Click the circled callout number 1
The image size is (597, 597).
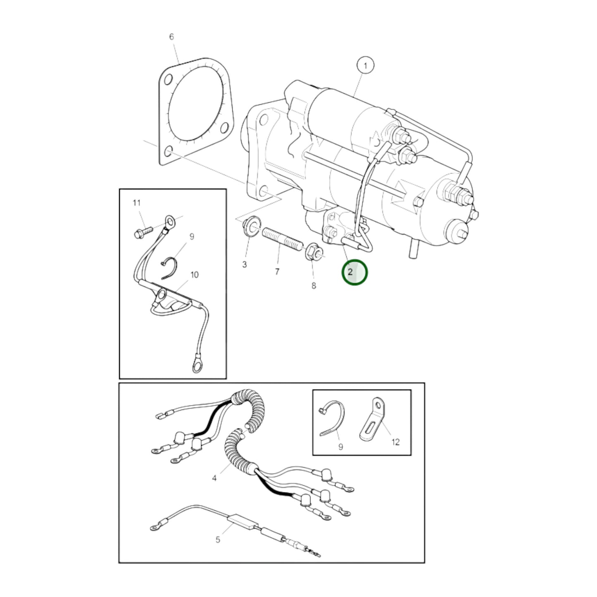[x=365, y=66]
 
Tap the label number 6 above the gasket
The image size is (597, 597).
[x=171, y=37]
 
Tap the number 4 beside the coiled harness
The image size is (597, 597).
[x=214, y=478]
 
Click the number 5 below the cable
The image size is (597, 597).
[x=218, y=540]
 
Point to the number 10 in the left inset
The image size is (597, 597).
[x=194, y=275]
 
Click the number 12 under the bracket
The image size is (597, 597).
[x=395, y=442]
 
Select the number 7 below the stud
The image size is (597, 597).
[x=277, y=271]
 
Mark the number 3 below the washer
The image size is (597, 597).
[x=244, y=264]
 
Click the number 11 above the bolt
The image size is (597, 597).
[x=136, y=203]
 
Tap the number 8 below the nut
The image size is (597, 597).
[x=314, y=285]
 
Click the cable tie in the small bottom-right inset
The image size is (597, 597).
[x=334, y=417]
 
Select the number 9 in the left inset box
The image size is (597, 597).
[x=192, y=237]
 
